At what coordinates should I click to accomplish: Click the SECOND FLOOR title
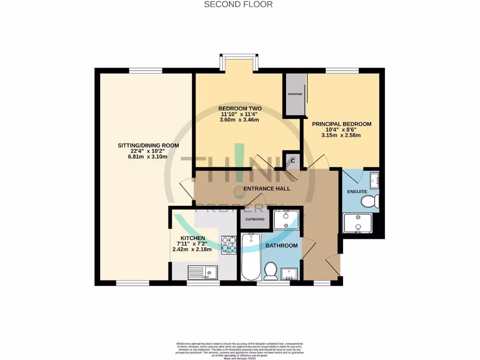238,4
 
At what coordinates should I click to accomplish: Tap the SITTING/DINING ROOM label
148,145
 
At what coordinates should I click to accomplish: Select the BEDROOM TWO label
240,108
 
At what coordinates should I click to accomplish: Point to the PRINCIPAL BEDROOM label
342,124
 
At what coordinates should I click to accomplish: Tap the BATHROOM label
282,246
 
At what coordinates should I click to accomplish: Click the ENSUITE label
357,191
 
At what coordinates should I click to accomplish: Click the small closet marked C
293,161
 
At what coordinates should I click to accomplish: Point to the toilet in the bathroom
270,271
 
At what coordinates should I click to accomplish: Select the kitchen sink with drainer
202,271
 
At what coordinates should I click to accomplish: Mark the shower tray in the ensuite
358,224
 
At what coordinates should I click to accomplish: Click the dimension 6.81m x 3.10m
148,158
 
